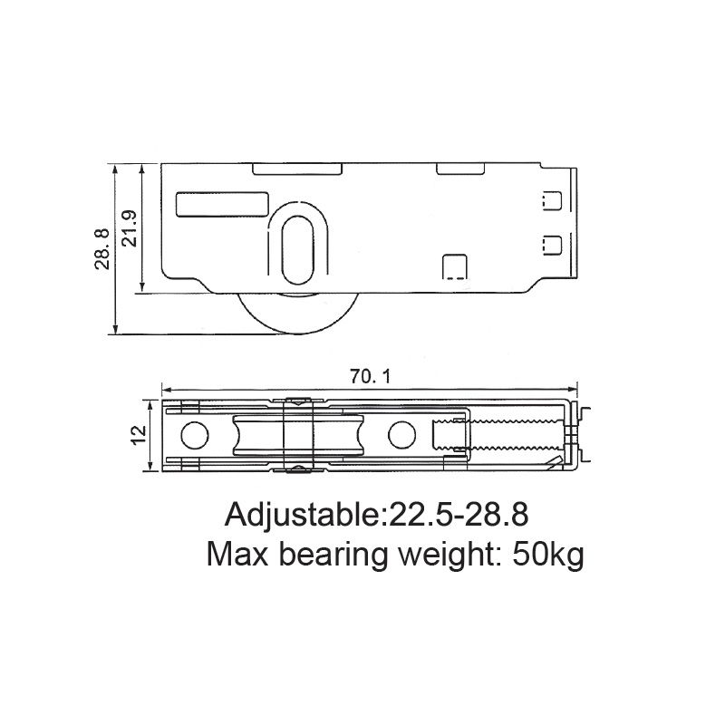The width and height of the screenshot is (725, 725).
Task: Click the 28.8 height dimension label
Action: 101,248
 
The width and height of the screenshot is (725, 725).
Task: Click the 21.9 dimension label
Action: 130,227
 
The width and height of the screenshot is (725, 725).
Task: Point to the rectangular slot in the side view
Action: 222,204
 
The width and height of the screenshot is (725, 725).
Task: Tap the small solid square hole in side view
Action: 453,266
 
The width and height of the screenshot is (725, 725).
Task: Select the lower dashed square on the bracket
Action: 549,243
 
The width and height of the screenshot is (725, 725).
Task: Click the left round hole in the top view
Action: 192,436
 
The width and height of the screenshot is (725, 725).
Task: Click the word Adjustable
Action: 300,515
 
